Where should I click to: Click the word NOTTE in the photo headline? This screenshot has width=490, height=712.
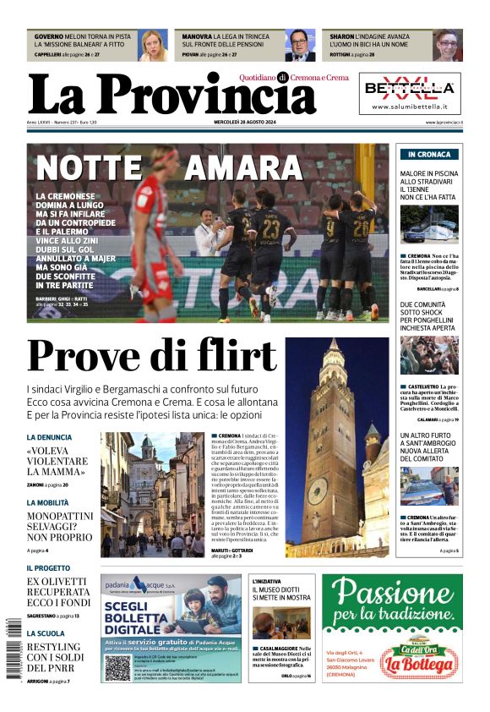click(88, 168)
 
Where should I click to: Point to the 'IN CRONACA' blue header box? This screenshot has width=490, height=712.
click(428, 155)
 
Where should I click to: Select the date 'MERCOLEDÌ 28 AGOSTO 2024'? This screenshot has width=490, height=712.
click(244, 123)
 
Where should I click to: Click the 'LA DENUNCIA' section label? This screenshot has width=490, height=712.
click(49, 437)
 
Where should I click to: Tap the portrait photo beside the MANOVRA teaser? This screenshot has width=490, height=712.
click(299, 45)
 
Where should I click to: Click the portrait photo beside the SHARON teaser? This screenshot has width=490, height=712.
click(448, 45)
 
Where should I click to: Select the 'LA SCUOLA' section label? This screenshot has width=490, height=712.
click(46, 633)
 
